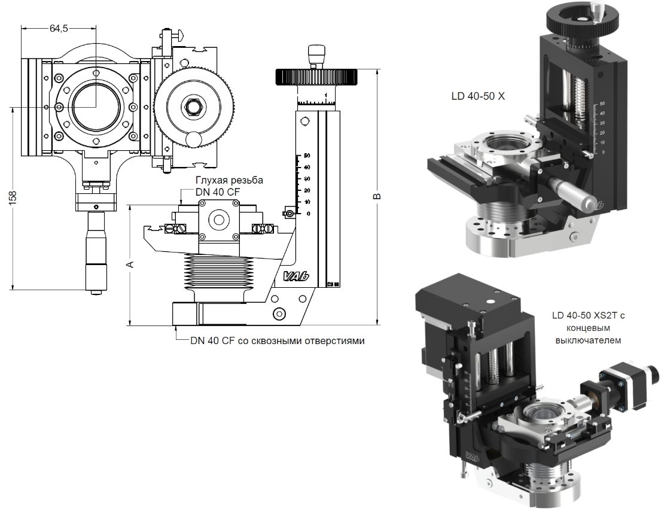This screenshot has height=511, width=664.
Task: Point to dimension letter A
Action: pos(131,264)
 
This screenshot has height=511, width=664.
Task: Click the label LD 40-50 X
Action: pos(479,96)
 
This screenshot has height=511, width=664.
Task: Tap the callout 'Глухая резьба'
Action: pos(229,180)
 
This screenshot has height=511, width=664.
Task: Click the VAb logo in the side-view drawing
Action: pos(289,276)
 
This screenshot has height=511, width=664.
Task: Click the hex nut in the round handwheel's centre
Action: pos(194,107)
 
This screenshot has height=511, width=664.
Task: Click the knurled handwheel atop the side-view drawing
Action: pos(316,77)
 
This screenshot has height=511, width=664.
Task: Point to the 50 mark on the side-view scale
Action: pos(306,155)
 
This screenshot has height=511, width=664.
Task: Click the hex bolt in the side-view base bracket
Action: pos(278,314)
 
